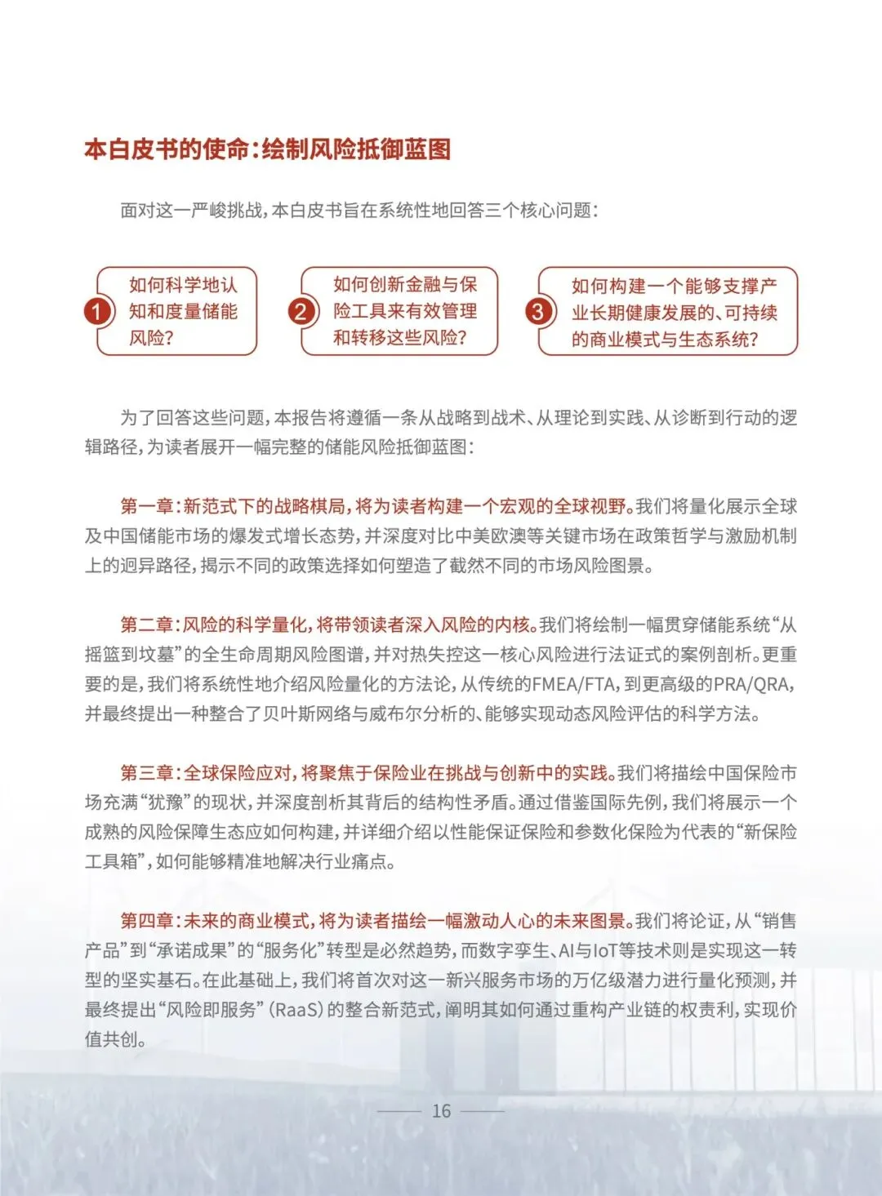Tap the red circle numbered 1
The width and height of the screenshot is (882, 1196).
pyautogui.click(x=97, y=311)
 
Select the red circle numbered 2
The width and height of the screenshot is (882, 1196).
pyautogui.click(x=301, y=311)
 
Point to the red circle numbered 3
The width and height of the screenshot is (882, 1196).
pyautogui.click(x=537, y=311)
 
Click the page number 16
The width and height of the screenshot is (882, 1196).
pyautogui.click(x=441, y=1111)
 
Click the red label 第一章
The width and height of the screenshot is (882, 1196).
pyautogui.click(x=147, y=507)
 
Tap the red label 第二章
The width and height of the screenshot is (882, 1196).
pyautogui.click(x=147, y=625)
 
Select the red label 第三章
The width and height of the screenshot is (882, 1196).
pyautogui.click(x=147, y=773)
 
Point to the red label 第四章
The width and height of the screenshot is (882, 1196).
pyautogui.click(x=147, y=921)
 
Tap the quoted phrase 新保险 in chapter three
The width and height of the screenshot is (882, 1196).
pyautogui.click(x=764, y=832)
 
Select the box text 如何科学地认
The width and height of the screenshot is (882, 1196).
pyautogui.click(x=183, y=285)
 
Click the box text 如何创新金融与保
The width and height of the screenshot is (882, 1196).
pyautogui.click(x=405, y=285)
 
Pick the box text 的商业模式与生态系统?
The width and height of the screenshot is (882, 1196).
pyautogui.click(x=665, y=340)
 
